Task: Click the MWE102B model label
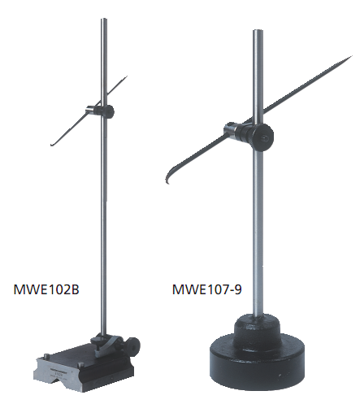[x=46, y=289]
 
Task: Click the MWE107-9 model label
[x=206, y=289]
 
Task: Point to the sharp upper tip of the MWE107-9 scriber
[x=352, y=56]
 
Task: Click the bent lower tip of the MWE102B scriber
[x=51, y=145]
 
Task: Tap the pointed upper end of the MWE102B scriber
[x=126, y=76]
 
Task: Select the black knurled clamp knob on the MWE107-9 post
[x=261, y=137]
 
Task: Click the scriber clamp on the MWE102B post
[x=100, y=111]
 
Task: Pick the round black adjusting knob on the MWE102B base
[x=134, y=345]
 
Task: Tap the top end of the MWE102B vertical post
[x=104, y=20]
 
